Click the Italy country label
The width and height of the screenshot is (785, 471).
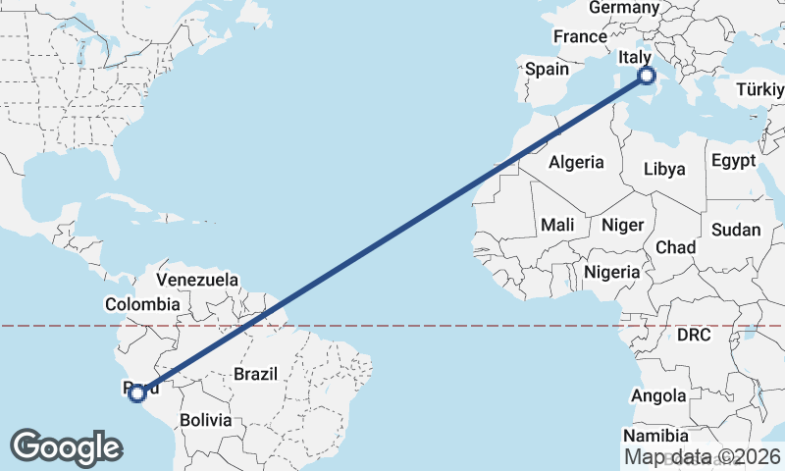(634, 59)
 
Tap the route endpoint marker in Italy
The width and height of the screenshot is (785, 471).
(646, 76)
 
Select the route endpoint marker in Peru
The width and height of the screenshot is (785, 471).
(137, 393)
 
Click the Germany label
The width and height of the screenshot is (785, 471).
(624, 8)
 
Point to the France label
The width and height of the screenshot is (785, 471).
(580, 37)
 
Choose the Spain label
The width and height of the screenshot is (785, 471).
(547, 69)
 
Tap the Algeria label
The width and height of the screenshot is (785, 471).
(576, 163)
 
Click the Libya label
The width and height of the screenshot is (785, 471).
(664, 169)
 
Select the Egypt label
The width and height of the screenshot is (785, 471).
(734, 160)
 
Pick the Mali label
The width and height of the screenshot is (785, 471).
(557, 225)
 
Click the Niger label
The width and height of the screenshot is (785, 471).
(622, 225)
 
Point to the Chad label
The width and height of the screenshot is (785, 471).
(675, 246)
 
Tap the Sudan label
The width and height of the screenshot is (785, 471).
(736, 230)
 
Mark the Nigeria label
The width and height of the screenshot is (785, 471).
(611, 272)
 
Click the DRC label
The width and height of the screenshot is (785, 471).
(694, 335)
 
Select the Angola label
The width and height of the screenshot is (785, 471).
(658, 396)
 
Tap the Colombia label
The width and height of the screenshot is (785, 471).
(143, 304)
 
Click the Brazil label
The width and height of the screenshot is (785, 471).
(256, 374)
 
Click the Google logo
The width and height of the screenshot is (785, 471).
(66, 446)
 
